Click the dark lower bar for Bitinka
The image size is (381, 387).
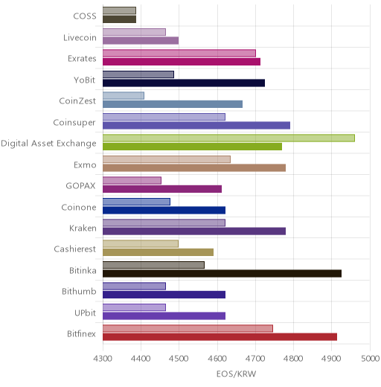tap(222, 274)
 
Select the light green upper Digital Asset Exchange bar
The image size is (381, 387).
tap(228, 138)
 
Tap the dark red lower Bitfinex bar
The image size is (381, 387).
tap(220, 337)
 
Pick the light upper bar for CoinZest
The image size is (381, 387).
tap(124, 96)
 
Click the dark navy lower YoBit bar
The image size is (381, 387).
tap(184, 83)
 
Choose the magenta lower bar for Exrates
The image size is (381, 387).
tap(182, 62)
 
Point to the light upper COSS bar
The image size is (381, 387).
tap(119, 10)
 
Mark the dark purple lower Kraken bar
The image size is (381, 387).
tap(194, 231)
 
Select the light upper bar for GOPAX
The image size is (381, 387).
tap(132, 180)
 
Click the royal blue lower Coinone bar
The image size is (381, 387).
tap(164, 210)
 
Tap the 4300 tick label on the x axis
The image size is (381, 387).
tap(103, 359)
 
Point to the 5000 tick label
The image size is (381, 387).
tap(370, 359)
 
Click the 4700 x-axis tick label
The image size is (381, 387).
tap(255, 359)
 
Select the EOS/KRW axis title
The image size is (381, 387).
tap(236, 374)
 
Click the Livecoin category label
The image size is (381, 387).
tap(80, 38)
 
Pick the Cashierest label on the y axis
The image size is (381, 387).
tap(75, 249)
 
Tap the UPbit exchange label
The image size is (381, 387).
tap(85, 313)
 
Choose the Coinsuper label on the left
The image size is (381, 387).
tap(74, 123)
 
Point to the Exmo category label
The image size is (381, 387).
tap(85, 164)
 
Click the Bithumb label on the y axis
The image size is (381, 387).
tap(79, 291)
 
